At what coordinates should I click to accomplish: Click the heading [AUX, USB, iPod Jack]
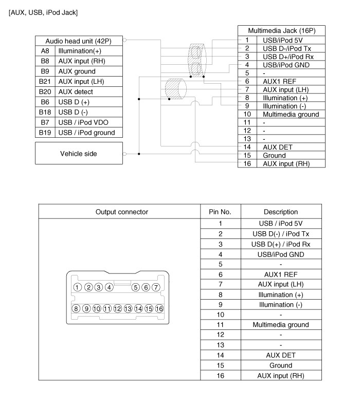[x=43, y=13]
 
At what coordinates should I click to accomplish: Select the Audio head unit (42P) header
[x=78, y=41]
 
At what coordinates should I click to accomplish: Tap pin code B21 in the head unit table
[x=45, y=82]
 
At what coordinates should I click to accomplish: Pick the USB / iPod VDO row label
[x=83, y=122]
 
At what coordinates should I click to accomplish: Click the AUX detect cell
[x=76, y=92]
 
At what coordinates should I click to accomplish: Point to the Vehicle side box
[x=79, y=153]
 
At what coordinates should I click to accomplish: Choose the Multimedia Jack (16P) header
[x=282, y=31]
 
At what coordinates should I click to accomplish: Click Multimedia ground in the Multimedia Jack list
[x=291, y=115]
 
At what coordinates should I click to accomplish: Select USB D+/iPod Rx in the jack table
[x=288, y=57]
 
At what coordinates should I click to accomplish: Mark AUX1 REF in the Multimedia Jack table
[x=279, y=82]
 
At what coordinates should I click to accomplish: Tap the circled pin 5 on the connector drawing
[x=136, y=287]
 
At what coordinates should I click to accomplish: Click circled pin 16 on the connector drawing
[x=159, y=308]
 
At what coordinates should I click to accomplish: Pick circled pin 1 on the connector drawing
[x=78, y=287]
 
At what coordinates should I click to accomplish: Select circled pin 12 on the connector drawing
[x=117, y=308]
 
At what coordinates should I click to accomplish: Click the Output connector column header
[x=122, y=212]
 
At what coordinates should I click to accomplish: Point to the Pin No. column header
[x=220, y=212]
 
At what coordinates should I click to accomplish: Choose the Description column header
[x=281, y=212]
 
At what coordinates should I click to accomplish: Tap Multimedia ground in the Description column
[x=281, y=325]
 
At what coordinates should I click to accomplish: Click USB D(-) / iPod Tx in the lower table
[x=281, y=234]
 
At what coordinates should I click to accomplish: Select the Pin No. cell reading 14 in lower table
[x=220, y=355]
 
